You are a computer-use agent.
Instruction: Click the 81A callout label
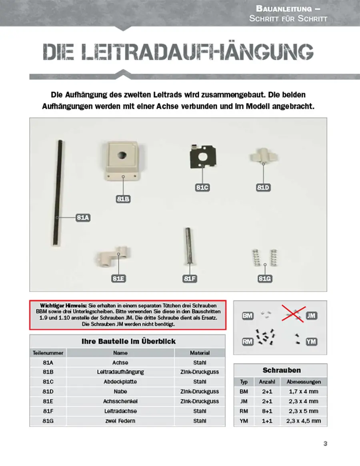coord(83,218)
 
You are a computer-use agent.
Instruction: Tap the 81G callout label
coord(265,278)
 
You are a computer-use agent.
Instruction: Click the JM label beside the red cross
coord(311,316)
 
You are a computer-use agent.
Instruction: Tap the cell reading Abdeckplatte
coord(120,382)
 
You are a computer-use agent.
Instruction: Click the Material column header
coord(200,353)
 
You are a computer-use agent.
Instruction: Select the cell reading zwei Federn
coord(120,421)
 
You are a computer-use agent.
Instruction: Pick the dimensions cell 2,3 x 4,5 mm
coord(304,421)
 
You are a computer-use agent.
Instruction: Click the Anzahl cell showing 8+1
coord(267,411)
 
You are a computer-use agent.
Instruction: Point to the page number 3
coord(325,444)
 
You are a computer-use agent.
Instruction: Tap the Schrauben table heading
coord(282,370)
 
